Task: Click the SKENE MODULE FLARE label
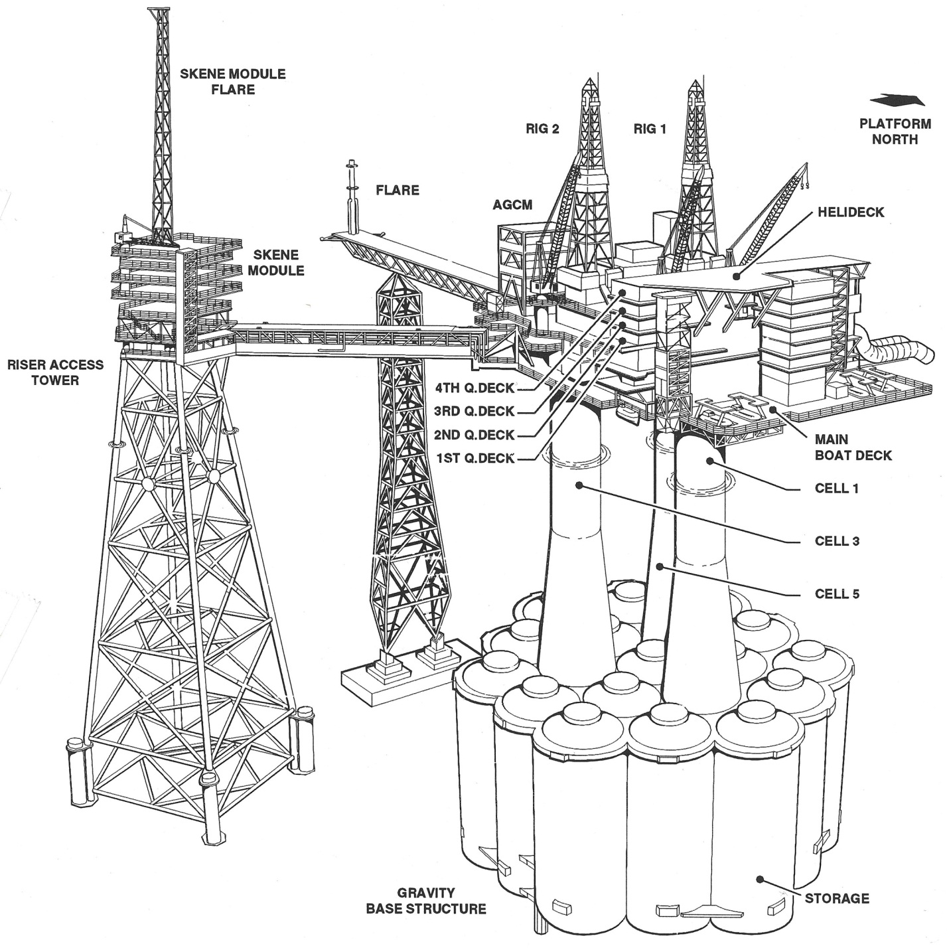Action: coord(233,82)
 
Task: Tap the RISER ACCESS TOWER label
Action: coord(55,372)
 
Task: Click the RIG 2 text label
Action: coord(542,129)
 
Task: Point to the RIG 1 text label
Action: coord(649,129)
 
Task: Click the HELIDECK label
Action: coord(851,212)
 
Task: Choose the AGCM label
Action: coord(512,204)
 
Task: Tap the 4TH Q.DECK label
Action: coord(474,388)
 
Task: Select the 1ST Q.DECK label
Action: coord(474,458)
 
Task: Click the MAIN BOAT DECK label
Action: coord(853,447)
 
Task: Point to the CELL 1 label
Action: coord(836,489)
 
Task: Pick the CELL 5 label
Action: coord(836,593)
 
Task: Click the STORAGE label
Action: coord(836,899)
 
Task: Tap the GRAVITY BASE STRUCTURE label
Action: coord(426,901)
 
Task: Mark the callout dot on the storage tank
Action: coord(760,880)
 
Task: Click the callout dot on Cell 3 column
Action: coord(579,485)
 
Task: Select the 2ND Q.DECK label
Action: coord(474,435)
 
